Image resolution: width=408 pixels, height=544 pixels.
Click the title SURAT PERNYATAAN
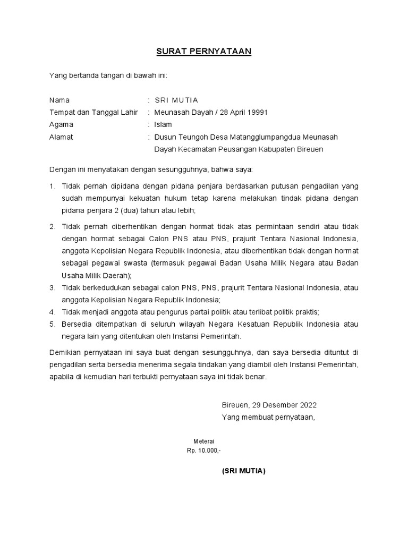point(203,52)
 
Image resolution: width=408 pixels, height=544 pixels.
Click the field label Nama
point(59,100)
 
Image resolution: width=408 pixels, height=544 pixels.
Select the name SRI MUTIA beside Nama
point(176,100)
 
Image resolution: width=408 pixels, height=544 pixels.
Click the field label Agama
point(61,124)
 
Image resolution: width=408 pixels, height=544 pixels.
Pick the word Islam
point(163,124)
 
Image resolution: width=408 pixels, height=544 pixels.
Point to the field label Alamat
point(61,137)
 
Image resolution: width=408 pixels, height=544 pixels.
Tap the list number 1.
point(52,186)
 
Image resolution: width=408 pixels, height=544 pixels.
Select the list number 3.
point(52,287)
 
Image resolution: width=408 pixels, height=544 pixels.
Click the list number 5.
point(52,324)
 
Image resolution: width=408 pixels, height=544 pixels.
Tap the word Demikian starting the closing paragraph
point(64,352)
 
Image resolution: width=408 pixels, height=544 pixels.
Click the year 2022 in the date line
point(307,405)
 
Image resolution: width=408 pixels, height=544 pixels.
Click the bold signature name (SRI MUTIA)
point(243,471)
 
